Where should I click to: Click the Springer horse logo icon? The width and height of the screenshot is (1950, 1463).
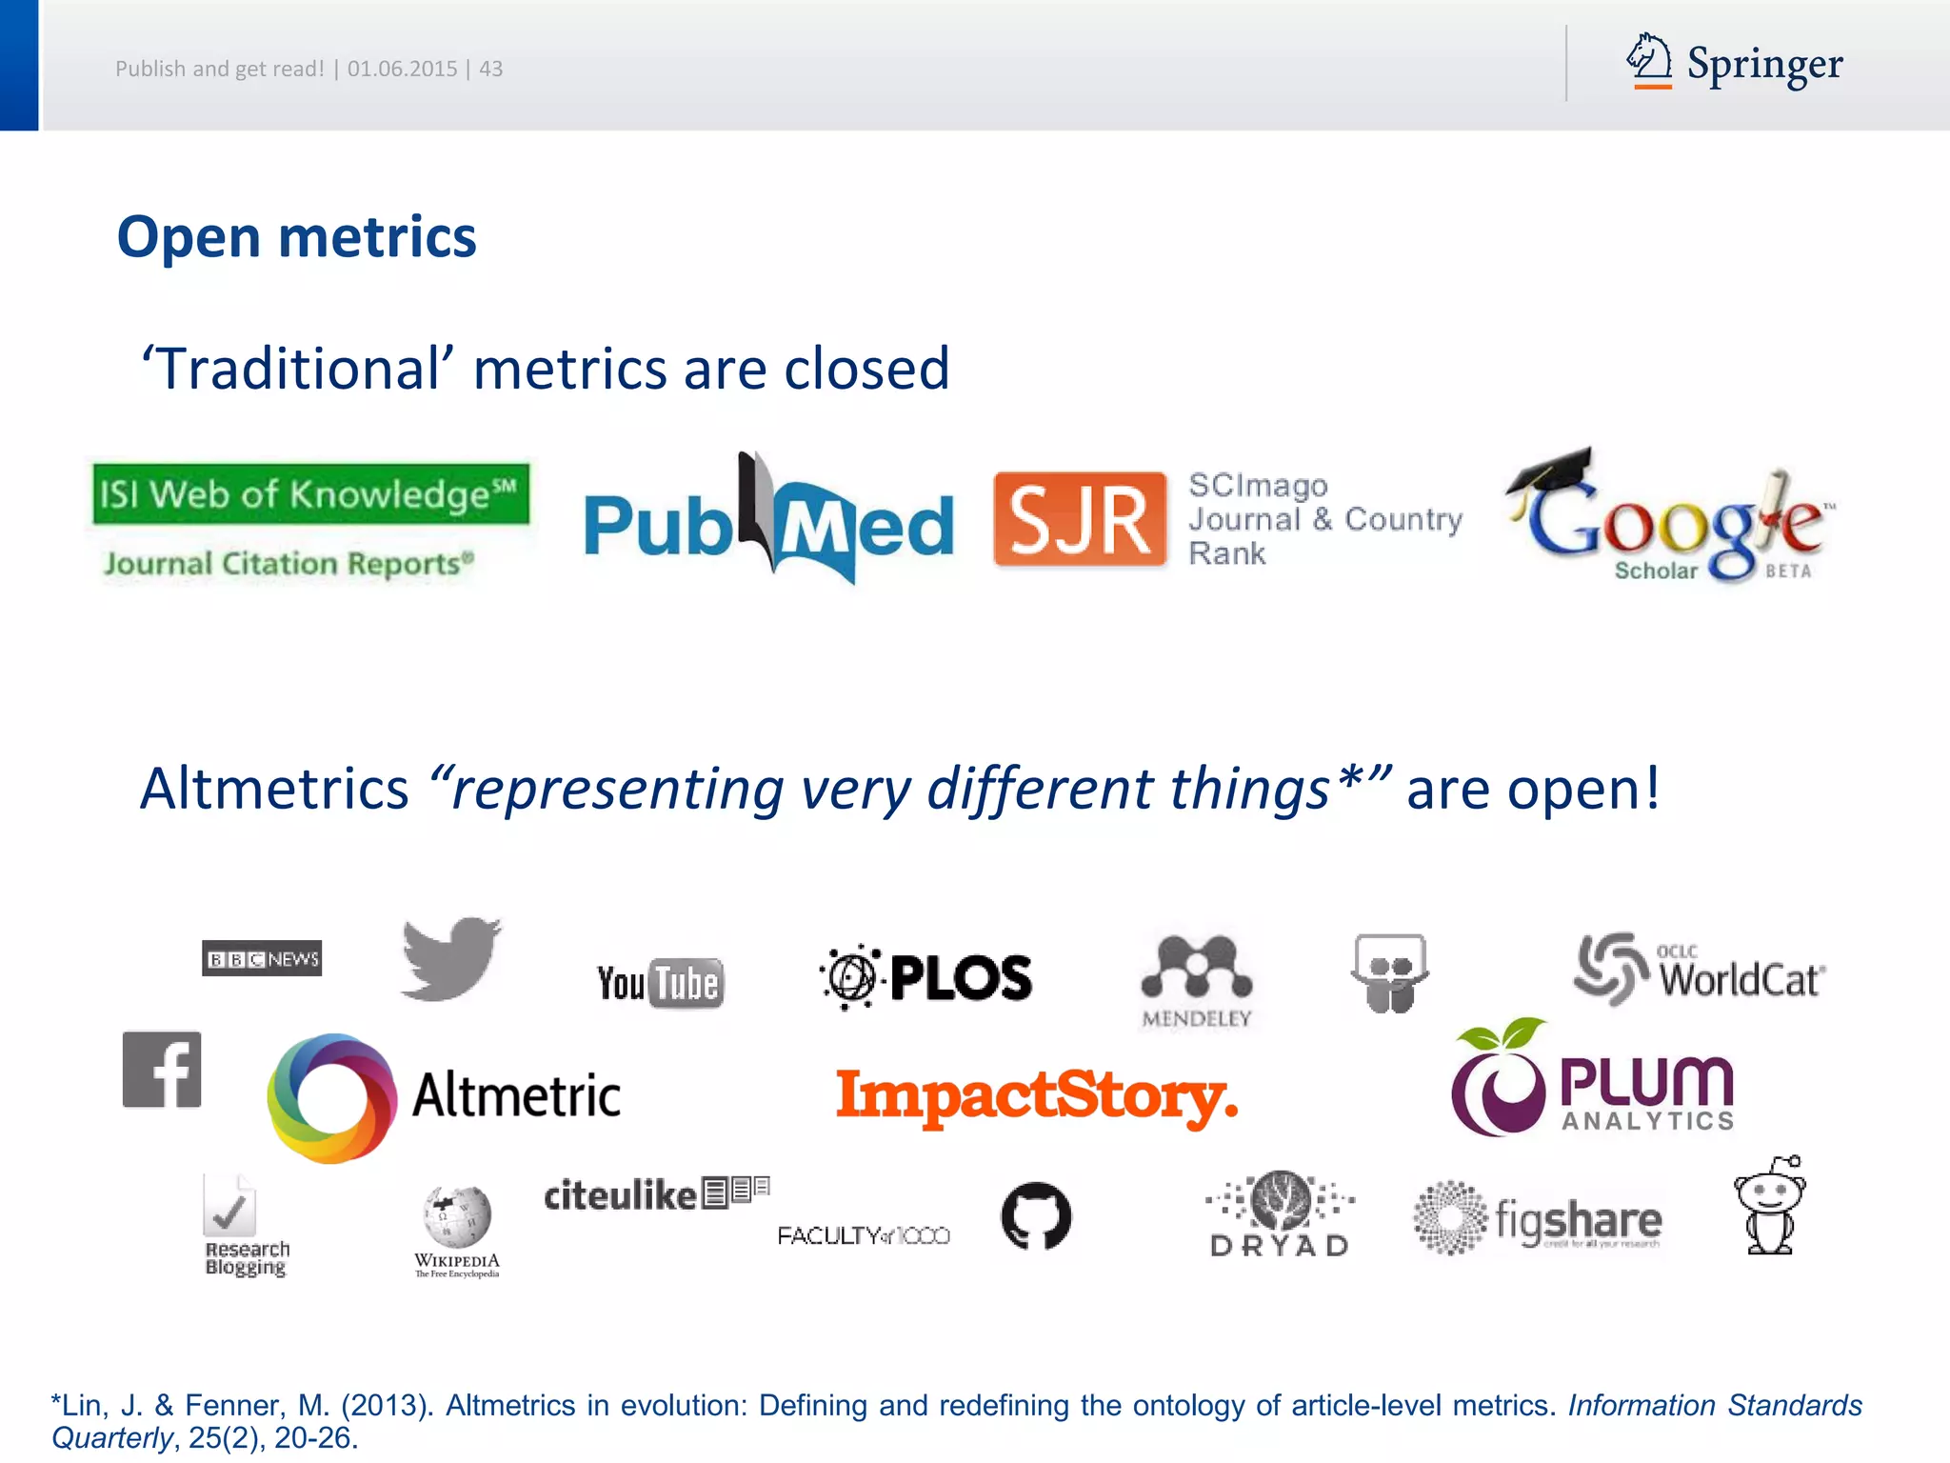(x=1649, y=60)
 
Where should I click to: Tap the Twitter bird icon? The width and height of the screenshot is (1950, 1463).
(x=450, y=958)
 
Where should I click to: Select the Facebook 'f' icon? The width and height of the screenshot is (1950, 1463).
(x=162, y=1070)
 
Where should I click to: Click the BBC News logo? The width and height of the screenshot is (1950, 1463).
(x=262, y=958)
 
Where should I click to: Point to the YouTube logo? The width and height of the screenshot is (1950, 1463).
(x=660, y=983)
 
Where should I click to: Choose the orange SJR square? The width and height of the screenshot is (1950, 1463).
(x=1079, y=519)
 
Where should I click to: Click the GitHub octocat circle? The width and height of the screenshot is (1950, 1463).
(x=1036, y=1215)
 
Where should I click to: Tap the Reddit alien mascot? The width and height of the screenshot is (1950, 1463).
(x=1770, y=1206)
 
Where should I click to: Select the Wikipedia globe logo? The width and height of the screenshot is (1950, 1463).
(x=457, y=1217)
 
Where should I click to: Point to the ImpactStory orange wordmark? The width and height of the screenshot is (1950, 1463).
(x=1036, y=1096)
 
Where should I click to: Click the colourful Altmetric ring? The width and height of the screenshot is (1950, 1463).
(x=331, y=1097)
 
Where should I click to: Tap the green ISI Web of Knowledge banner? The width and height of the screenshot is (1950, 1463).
(x=310, y=493)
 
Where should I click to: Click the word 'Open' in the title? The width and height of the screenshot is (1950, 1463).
(x=189, y=237)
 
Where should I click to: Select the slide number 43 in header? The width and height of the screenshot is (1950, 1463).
(x=491, y=69)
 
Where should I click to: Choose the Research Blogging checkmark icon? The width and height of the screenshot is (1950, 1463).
(x=229, y=1207)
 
